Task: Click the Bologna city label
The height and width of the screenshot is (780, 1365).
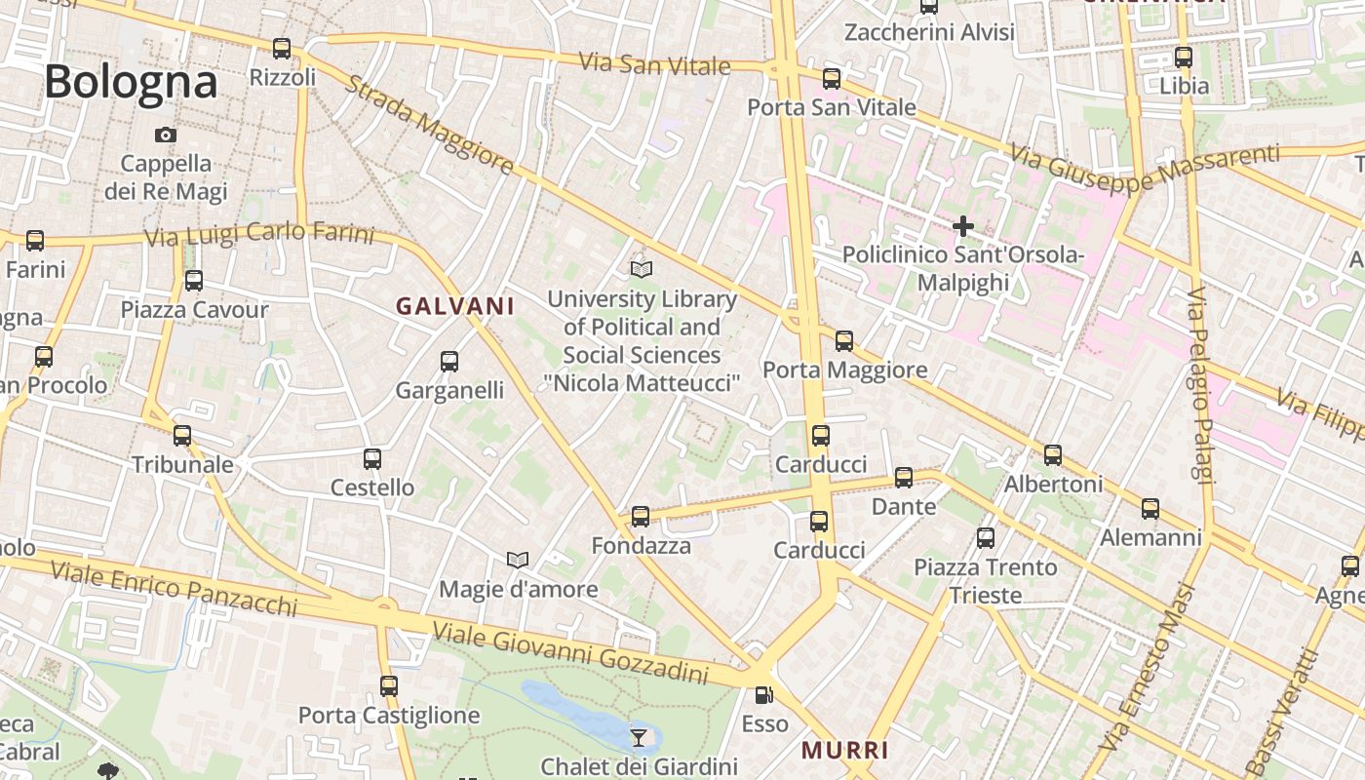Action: point(131,82)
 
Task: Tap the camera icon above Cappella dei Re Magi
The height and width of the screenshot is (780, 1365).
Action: point(166,135)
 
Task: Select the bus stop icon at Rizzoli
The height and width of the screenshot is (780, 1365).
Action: point(282,48)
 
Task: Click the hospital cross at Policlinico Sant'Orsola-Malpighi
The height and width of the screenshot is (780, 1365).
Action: point(963,226)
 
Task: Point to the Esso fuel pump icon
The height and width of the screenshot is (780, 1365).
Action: point(764,695)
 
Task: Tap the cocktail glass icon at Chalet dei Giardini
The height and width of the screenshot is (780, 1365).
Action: point(638,737)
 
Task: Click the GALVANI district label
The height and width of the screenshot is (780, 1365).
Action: point(454,306)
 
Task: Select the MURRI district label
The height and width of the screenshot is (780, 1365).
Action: point(845,750)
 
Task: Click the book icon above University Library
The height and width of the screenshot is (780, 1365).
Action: point(642,269)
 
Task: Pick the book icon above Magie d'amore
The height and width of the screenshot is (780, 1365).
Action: point(518,560)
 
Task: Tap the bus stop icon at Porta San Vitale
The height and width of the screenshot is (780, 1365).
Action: point(832,78)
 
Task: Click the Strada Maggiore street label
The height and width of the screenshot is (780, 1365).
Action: point(430,126)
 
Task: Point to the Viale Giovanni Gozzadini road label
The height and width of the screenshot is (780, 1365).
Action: point(570,653)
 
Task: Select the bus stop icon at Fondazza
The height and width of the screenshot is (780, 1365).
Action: point(641,516)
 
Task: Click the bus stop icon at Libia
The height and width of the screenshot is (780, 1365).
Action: point(1184,57)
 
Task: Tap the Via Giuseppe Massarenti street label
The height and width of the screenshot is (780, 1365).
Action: point(1145,167)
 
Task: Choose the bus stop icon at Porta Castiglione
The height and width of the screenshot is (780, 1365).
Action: point(389,685)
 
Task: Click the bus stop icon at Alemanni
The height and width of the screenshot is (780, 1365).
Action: point(1150,508)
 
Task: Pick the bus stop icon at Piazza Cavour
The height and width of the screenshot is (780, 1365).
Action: point(194,281)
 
